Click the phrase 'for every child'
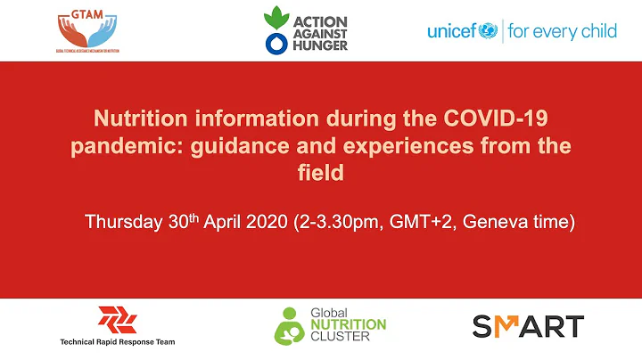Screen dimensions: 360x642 [562, 32]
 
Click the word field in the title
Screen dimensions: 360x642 [320, 172]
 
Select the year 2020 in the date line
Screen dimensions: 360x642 [265, 222]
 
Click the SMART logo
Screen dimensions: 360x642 [528, 325]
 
